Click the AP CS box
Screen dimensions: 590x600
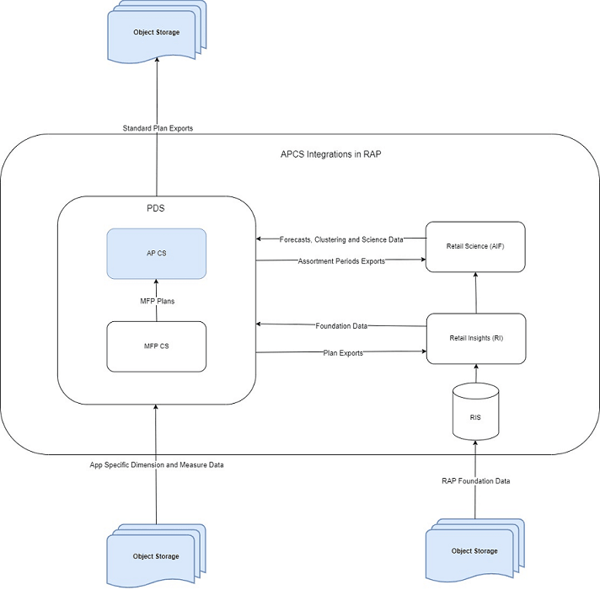point(156,253)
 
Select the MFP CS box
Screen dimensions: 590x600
point(156,346)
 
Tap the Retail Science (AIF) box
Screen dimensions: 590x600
point(475,246)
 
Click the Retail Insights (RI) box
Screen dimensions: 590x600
point(475,339)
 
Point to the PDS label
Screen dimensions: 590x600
point(156,207)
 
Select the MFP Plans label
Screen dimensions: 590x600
point(156,299)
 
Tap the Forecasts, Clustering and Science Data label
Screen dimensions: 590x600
point(341,240)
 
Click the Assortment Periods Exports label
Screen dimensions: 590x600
point(341,261)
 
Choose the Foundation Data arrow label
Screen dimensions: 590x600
point(341,325)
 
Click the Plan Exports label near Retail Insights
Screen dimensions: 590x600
point(342,353)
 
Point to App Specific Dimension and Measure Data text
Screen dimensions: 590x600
point(157,465)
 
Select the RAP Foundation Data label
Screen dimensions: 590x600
point(475,481)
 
